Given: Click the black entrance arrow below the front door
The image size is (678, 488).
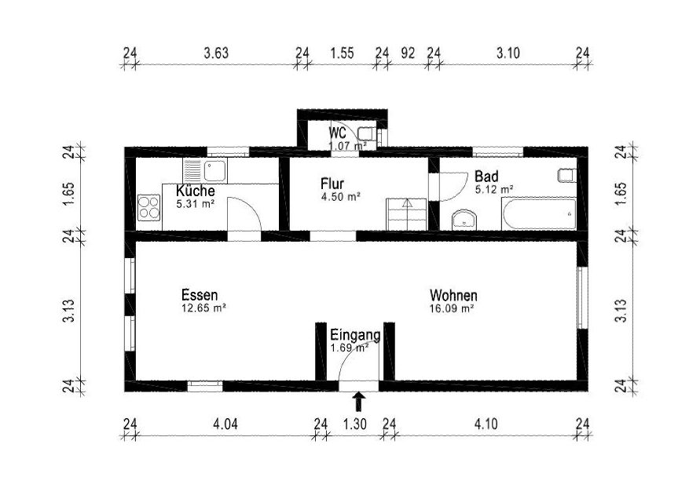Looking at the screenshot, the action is (x=358, y=401).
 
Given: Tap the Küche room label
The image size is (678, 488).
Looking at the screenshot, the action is (x=195, y=191).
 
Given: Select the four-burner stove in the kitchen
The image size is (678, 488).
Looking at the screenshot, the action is (x=149, y=207).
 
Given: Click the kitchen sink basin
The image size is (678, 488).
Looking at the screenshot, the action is (x=215, y=170).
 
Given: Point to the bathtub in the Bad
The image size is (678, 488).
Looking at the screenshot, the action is (x=539, y=213).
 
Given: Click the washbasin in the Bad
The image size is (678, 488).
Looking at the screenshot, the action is (x=464, y=220).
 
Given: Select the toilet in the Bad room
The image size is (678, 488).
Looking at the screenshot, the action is (x=567, y=175).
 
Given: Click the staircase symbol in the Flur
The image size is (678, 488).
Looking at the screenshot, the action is (x=406, y=214).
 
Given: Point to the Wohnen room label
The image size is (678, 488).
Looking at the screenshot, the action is (x=453, y=296).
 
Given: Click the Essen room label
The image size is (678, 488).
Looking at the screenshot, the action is (x=200, y=296).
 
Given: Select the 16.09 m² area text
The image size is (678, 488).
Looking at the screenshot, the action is (x=452, y=308).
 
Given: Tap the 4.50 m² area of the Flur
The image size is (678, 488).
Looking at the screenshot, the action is (x=341, y=197).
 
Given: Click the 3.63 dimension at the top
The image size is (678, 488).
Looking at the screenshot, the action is (x=216, y=53).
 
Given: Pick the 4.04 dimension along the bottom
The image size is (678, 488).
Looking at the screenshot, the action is (x=225, y=424).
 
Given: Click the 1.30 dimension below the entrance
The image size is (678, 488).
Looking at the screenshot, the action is (x=355, y=424).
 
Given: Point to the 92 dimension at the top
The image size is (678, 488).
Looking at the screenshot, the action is (x=408, y=53).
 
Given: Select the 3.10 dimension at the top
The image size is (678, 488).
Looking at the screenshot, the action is (x=508, y=53).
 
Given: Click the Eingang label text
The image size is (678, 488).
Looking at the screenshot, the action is (x=355, y=335).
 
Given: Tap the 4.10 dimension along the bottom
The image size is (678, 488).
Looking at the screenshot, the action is (x=486, y=424).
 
